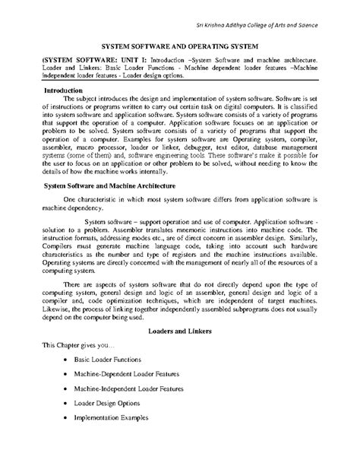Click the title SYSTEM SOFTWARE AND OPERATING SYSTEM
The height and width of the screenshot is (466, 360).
tap(179, 46)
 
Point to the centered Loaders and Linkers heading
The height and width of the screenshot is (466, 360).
tap(179, 332)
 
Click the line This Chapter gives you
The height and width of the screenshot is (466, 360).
tap(74, 346)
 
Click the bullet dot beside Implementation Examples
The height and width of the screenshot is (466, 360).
tap(69, 433)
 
